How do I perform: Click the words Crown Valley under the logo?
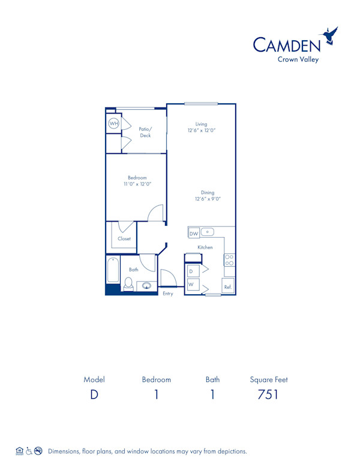click(298, 59)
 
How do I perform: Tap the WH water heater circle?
click(113, 124)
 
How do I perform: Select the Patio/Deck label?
click(145, 132)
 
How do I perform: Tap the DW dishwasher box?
click(194, 234)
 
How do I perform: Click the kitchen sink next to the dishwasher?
click(208, 232)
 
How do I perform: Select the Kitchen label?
click(205, 247)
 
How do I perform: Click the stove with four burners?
click(229, 259)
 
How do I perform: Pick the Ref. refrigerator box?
click(228, 286)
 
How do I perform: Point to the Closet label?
click(124, 238)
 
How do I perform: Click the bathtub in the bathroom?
click(113, 270)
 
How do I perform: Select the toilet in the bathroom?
click(128, 284)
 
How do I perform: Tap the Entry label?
click(168, 294)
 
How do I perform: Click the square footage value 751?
click(268, 395)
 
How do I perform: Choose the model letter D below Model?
click(94, 395)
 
